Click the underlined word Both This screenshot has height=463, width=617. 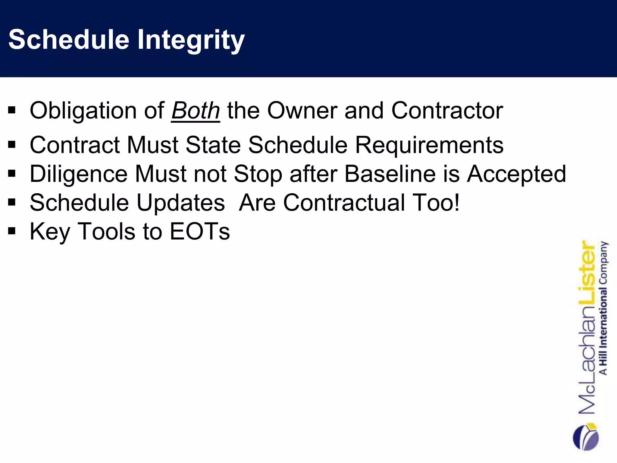click(x=196, y=111)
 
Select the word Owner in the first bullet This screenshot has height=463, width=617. click(x=302, y=111)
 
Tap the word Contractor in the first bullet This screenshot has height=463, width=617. click(x=447, y=111)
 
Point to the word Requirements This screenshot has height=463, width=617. click(x=429, y=145)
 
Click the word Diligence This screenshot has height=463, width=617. click(x=79, y=174)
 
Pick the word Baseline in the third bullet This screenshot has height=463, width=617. click(x=390, y=174)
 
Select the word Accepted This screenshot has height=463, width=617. click(x=516, y=174)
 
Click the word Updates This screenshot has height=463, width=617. click(x=181, y=203)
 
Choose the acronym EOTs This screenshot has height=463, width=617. click(x=200, y=231)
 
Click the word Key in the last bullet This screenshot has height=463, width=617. click(x=50, y=231)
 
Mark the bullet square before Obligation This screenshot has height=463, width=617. click(x=12, y=110)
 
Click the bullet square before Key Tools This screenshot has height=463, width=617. click(x=12, y=231)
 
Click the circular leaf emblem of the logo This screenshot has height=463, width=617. click(x=585, y=437)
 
